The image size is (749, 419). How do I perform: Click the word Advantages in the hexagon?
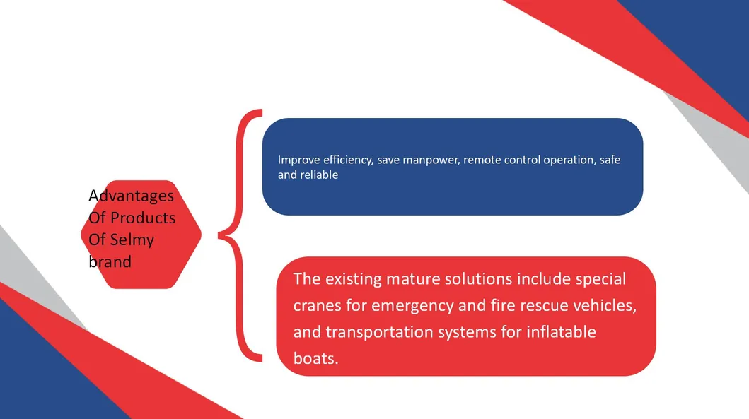(132, 196)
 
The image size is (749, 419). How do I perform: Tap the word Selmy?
(132, 240)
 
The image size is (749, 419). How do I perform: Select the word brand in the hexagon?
(110, 261)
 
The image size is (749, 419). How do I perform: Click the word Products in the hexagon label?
(143, 218)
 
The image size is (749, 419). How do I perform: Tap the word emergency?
(412, 306)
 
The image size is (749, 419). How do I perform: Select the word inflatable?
(562, 331)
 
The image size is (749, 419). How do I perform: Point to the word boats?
(315, 358)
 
